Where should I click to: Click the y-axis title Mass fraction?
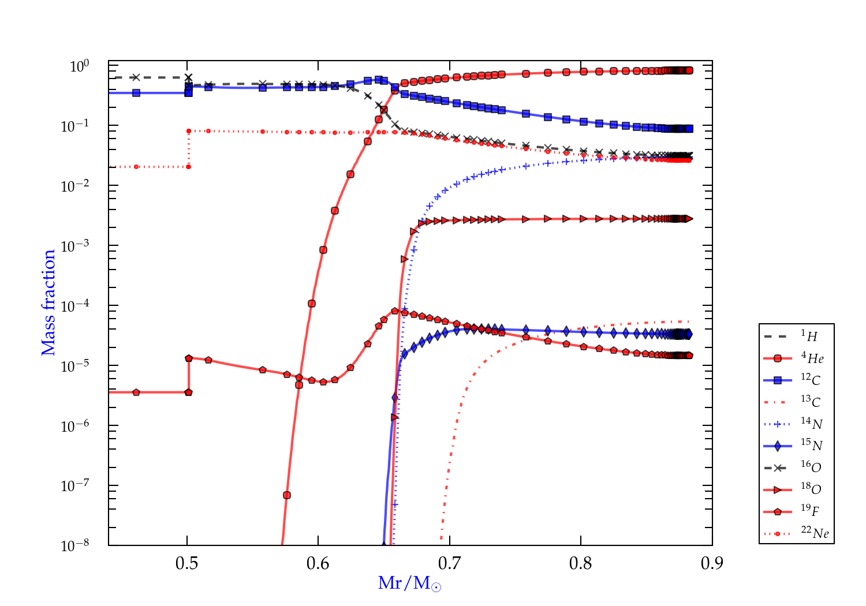(x=48, y=303)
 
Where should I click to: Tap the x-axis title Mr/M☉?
(x=409, y=583)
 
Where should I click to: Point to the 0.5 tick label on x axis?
(x=186, y=563)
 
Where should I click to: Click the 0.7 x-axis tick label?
(x=449, y=563)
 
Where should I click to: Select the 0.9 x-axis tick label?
(x=712, y=563)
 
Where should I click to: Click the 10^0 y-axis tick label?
(x=80, y=66)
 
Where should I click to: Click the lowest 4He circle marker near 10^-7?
(x=286, y=495)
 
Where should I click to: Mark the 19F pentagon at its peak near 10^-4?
(x=394, y=311)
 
